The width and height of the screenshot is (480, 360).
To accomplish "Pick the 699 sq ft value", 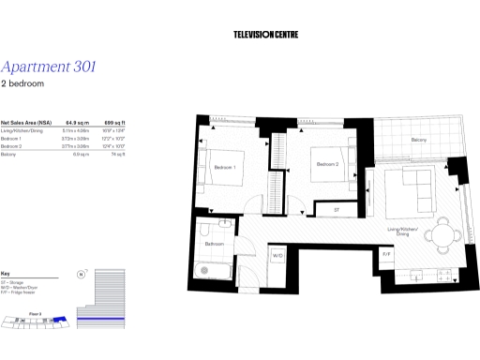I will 114,123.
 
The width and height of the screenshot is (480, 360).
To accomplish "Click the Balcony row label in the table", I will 8,154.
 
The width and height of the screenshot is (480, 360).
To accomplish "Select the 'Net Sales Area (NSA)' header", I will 24,123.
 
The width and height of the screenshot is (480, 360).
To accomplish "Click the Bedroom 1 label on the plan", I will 225,168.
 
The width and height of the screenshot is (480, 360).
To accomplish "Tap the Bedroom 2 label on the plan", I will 327,164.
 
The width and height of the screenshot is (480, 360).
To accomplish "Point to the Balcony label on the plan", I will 418,141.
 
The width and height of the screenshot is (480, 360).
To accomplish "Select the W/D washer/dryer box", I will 277,255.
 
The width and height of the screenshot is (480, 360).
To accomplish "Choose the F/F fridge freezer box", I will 386,254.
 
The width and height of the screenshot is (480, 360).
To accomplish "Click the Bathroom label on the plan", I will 215,244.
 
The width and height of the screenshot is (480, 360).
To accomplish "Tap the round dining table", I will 442,236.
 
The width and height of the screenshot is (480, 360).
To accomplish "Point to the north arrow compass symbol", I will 82,275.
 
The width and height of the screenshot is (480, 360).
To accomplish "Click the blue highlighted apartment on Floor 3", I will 59,321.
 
